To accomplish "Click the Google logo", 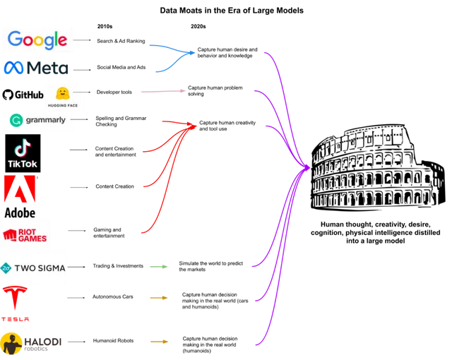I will tap(37, 40).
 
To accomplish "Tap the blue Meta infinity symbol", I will tap(15, 68).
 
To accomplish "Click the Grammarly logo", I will tap(38, 120).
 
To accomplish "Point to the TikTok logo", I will tap(22, 154).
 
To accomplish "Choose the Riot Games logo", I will tap(25, 234).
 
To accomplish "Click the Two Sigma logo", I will tap(34, 268).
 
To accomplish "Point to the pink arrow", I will tap(163, 91).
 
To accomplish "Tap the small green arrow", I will tap(158, 267).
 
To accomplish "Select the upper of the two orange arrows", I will tap(158, 299).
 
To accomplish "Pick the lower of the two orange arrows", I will tap(160, 342).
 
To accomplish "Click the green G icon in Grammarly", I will tap(16, 120).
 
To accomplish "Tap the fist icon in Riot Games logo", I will tap(10, 234).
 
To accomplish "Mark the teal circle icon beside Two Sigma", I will tap(6, 268).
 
